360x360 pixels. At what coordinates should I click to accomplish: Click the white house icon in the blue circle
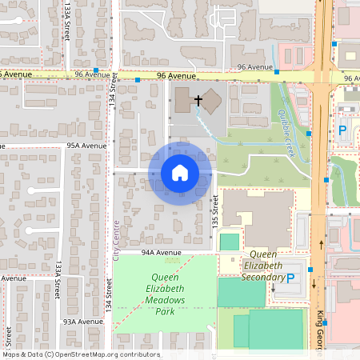179,173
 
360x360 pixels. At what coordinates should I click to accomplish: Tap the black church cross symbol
198,100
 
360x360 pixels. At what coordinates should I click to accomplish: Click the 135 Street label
214,212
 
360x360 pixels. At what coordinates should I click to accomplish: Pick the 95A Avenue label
86,146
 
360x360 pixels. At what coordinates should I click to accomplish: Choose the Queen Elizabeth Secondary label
264,271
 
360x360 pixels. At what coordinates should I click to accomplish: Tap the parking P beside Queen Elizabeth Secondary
290,278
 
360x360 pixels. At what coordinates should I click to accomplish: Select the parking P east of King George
342,130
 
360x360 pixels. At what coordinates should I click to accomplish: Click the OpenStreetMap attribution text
81,354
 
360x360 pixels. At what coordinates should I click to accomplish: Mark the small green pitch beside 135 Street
230,241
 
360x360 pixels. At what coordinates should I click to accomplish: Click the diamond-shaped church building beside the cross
211,102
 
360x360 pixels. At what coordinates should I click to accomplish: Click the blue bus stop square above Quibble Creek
277,72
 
